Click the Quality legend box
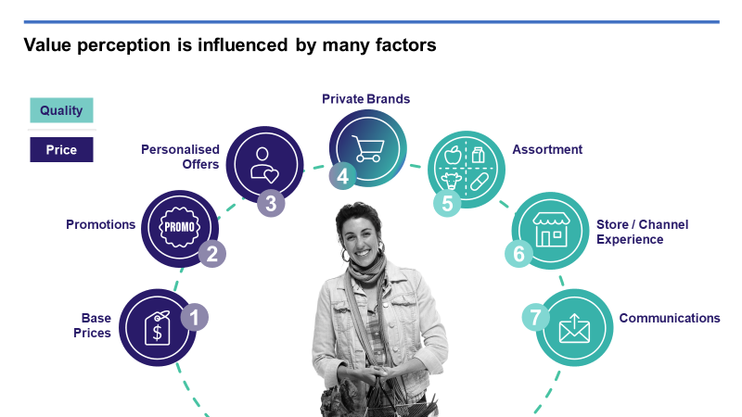[61, 110]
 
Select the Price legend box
[61, 149]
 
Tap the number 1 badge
[194, 317]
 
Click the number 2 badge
[211, 254]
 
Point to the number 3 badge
[270, 203]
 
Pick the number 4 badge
[342, 174]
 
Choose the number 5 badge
[448, 203]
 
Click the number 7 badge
[535, 317]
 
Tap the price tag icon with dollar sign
[157, 327]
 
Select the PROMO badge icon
[179, 225]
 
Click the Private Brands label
[365, 99]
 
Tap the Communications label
[670, 318]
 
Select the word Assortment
[547, 149]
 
